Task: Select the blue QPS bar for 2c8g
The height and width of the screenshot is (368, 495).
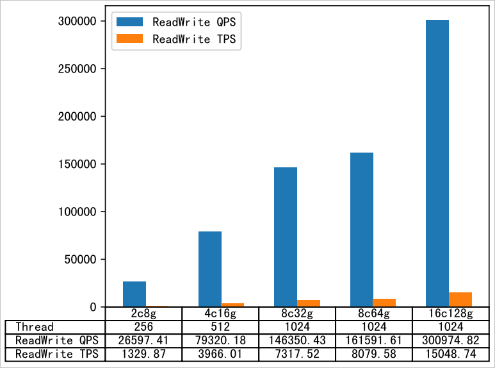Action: [134, 294]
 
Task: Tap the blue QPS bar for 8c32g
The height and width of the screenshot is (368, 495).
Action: [286, 237]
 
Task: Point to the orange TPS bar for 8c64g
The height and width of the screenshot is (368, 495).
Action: [384, 303]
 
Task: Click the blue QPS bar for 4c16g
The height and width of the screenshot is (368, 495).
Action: [210, 269]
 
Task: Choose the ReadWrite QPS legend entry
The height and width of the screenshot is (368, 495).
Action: [176, 22]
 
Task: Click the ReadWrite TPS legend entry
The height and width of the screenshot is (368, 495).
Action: [176, 39]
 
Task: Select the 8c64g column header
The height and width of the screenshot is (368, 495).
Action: [373, 314]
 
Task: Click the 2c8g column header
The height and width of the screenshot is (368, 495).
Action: [144, 314]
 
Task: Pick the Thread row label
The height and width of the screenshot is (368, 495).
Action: [35, 327]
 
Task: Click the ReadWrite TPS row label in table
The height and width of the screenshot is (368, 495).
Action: [54, 353]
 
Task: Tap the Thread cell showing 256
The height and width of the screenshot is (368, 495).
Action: [144, 327]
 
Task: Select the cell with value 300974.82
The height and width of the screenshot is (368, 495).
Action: [448, 340]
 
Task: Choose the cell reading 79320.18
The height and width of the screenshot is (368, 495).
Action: [220, 340]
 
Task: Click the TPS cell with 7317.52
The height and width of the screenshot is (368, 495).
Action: [296, 353]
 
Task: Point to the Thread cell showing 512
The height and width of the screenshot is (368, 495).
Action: [220, 327]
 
